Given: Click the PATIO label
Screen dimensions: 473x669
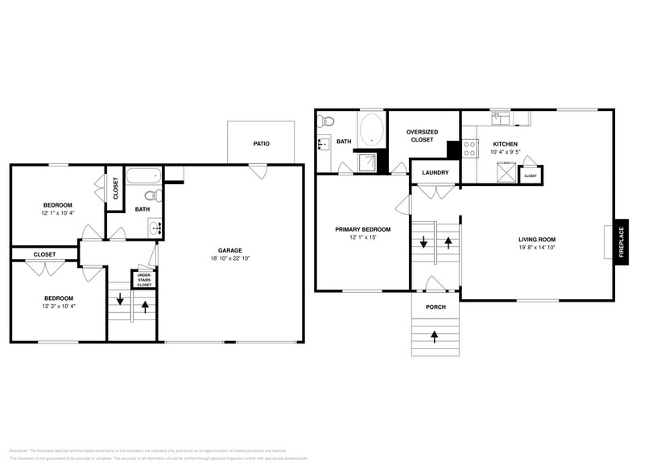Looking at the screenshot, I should coord(261,144).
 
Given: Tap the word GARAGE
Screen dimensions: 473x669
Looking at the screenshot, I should coord(229,250).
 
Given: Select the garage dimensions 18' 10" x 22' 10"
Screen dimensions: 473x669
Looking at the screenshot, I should coord(229,258).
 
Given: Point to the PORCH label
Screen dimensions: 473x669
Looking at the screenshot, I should coord(435,306).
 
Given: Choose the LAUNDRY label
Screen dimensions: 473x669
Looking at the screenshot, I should coord(435,172).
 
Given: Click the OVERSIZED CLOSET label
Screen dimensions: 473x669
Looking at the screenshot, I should coord(422,135).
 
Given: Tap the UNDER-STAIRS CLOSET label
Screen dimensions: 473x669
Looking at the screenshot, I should coord(144,279).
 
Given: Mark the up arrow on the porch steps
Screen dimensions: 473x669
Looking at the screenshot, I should coord(435,335).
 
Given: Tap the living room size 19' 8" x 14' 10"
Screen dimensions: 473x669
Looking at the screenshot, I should coord(536,248).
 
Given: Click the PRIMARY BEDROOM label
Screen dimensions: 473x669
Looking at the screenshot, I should coord(362,229).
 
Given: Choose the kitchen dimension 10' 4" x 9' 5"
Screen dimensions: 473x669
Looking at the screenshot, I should coord(506,152).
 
